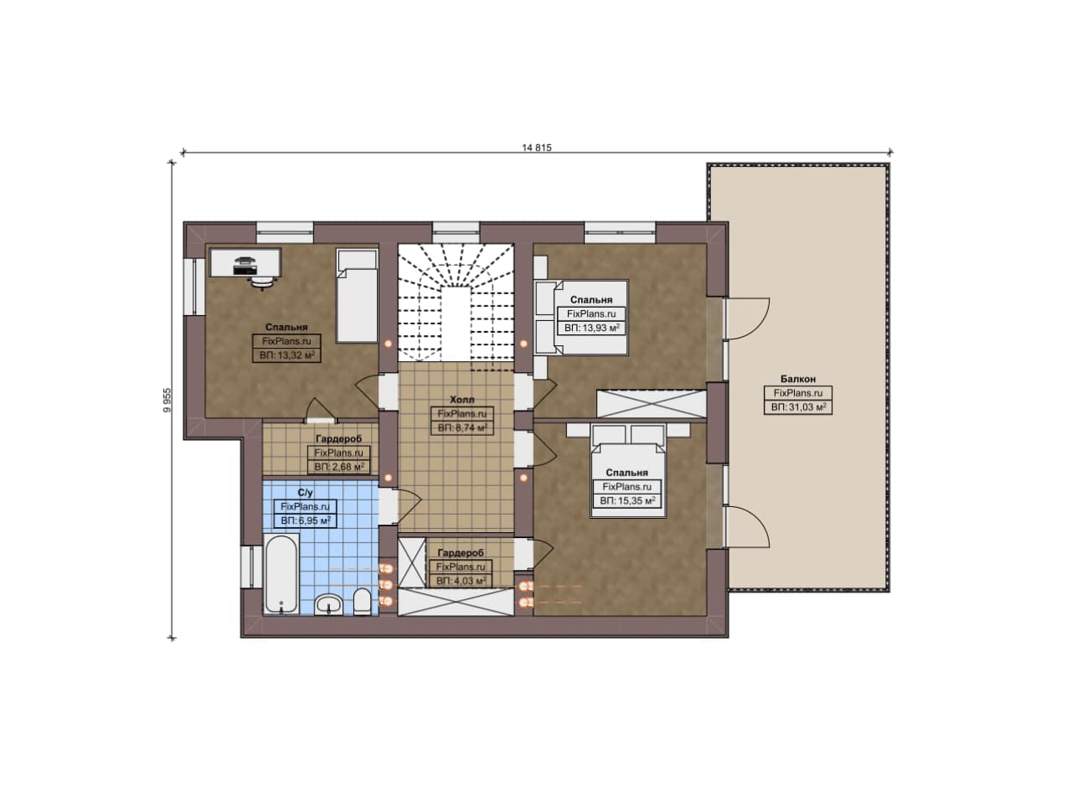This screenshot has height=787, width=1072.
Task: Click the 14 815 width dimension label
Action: coord(537,148)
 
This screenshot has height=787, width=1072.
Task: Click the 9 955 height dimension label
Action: coord(167,400)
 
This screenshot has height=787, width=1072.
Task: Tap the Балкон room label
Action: coord(798,379)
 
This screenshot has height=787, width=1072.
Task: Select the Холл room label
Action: coord(461,400)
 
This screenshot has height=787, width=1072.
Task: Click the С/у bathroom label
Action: coord(305,493)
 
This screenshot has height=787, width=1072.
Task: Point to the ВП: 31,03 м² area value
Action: coord(798,407)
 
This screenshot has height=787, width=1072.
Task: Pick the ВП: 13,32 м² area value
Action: coord(286,355)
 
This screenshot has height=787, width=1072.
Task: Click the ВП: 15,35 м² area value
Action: coord(627,501)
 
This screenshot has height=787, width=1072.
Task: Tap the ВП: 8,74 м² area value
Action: coord(462,427)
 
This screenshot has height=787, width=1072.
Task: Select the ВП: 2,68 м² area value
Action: coord(339,467)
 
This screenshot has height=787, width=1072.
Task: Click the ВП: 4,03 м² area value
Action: coord(461,581)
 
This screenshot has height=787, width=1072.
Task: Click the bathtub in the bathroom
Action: coord(281,574)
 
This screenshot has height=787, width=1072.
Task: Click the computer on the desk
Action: coord(245,266)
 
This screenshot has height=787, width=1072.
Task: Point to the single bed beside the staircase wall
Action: coord(357,296)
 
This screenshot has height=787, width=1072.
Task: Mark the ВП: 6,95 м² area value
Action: coord(306,520)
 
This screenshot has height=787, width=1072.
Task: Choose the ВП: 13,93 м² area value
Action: coord(591,328)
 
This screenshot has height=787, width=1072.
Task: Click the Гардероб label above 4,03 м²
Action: coord(461,553)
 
